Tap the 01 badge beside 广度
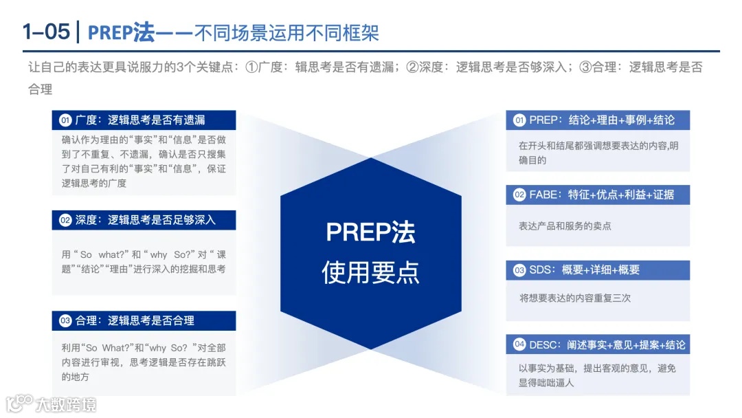(65, 120)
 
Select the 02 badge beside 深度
(65, 221)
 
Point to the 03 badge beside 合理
(65, 321)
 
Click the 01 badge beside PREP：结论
(519, 120)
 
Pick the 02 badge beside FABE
(519, 195)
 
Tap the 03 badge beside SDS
(519, 270)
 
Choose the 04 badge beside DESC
(519, 344)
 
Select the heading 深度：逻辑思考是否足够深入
(146, 221)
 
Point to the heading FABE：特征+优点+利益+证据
(602, 195)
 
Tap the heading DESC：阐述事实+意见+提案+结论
(607, 344)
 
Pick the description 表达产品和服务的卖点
(565, 225)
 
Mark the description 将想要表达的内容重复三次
(575, 298)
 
